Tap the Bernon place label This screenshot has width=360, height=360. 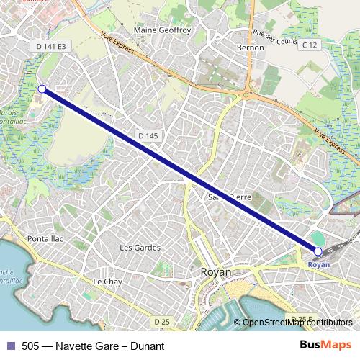[x=251, y=48]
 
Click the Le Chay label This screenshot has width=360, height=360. [x=108, y=281]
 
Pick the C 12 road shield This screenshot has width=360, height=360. [x=310, y=45]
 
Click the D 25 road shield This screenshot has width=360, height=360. [x=161, y=320]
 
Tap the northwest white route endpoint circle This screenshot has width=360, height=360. [x=42, y=89]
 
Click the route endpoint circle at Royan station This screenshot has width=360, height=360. [x=318, y=251]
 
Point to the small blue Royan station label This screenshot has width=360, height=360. [x=318, y=264]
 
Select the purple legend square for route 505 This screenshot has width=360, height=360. [x=11, y=346]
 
